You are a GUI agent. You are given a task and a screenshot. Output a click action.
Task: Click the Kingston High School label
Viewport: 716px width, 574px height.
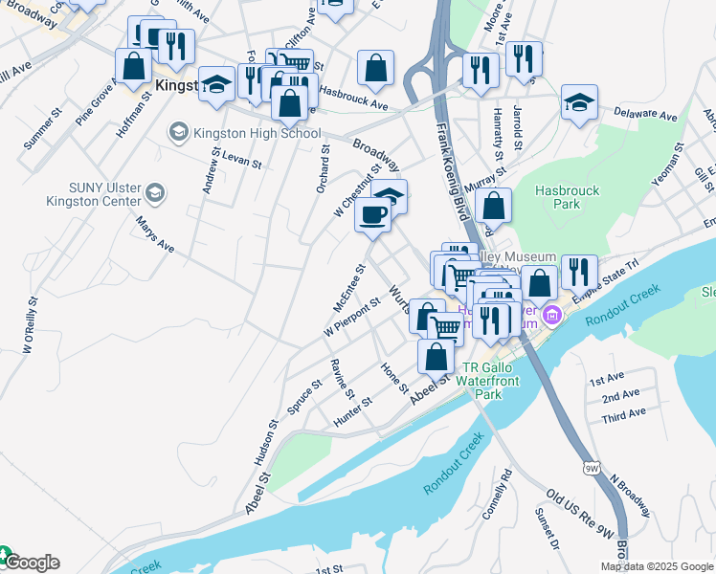pyautogui.click(x=245, y=132)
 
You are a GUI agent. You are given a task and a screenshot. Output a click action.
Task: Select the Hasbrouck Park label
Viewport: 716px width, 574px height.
pyautogui.click(x=568, y=197)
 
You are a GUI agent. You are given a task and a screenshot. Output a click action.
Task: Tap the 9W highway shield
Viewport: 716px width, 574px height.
pyautogui.click(x=590, y=466)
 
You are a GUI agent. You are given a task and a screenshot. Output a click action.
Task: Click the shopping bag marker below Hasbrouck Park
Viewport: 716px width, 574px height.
pyautogui.click(x=493, y=205)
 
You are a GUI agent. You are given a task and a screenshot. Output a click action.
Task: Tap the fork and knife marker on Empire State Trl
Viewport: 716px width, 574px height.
pyautogui.click(x=579, y=272)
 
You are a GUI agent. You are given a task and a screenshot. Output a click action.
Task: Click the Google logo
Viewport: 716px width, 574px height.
pyautogui.click(x=31, y=563)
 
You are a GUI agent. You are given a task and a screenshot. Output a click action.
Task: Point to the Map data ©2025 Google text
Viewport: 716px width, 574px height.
pyautogui.click(x=657, y=566)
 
